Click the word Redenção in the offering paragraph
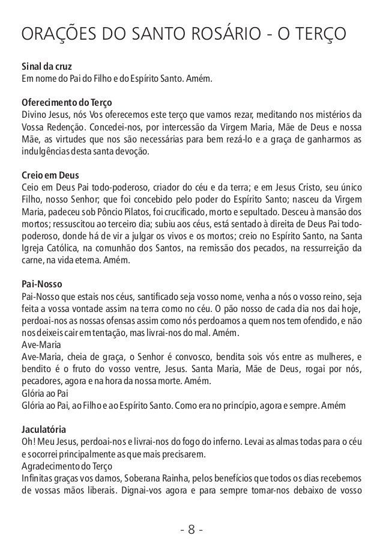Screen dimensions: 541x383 coord(72,127)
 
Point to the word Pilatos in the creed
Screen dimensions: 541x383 coord(137,213)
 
